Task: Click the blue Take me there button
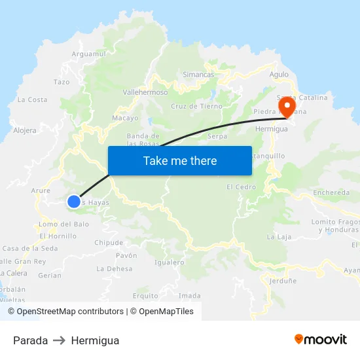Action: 180,160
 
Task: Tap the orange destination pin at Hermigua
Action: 287,105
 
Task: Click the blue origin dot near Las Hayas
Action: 74,202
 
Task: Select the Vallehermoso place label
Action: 145,93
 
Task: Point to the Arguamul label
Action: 88,54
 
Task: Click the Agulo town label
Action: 279,75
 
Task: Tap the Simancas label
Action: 198,75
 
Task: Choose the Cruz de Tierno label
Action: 196,106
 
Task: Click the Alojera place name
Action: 25,130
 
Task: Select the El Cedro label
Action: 241,187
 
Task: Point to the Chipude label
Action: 109,243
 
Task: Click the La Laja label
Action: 279,237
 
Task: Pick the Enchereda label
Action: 331,192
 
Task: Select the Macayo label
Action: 125,118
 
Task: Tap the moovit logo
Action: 321,340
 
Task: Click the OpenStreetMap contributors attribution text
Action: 70,312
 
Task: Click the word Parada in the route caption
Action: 30,340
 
